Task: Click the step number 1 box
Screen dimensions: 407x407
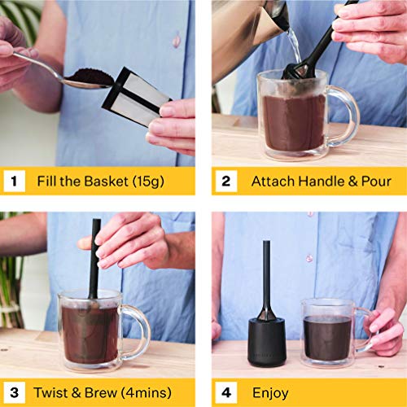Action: click(x=13, y=182)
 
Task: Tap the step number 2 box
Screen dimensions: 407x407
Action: click(x=225, y=182)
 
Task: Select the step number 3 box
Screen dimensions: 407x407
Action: click(x=13, y=393)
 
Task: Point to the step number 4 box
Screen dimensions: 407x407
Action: click(x=225, y=393)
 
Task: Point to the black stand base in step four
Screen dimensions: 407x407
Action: click(x=266, y=342)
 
